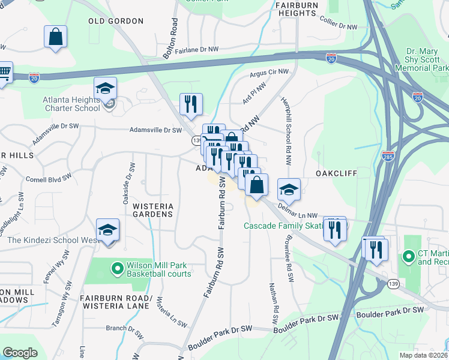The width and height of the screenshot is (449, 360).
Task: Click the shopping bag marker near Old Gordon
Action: tap(55, 37)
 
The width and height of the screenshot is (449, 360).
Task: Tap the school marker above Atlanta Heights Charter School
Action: tap(105, 89)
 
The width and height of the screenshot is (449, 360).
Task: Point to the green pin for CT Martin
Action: tap(409, 257)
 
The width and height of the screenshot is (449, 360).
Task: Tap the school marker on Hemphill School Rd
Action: tap(289, 190)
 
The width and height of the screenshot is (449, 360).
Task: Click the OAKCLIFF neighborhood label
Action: tap(337, 173)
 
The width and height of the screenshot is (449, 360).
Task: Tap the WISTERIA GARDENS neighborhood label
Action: tap(152, 209)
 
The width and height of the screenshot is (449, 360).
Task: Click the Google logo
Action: tap(20, 352)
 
